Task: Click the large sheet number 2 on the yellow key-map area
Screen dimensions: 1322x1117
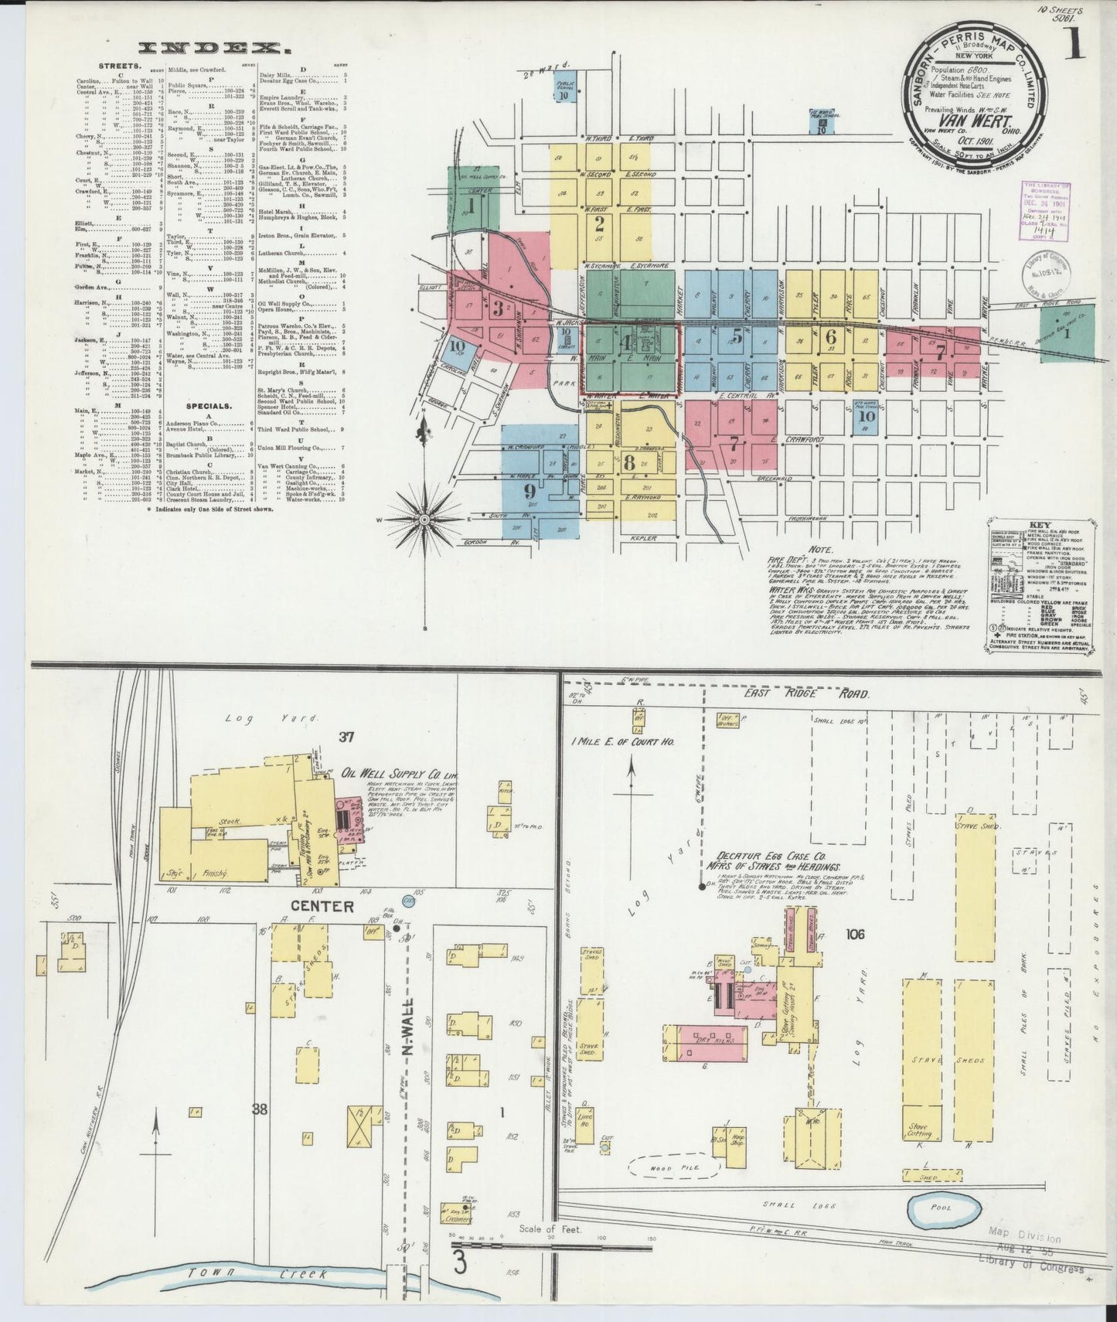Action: (x=599, y=225)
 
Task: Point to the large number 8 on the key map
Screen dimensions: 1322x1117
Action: (x=629, y=463)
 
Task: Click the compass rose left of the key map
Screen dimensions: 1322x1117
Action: (x=424, y=520)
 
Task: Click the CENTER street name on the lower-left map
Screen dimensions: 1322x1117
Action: (x=332, y=906)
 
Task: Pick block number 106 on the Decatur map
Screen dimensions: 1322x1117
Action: (x=855, y=934)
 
